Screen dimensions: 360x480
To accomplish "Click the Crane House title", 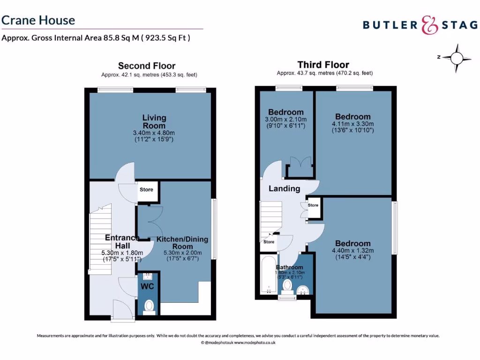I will click(x=38, y=20).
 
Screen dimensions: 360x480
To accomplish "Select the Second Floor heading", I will click(x=147, y=66).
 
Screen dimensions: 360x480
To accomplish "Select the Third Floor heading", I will click(x=323, y=65).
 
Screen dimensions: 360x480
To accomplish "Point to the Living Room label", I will click(x=154, y=122).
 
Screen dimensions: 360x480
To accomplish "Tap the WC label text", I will click(x=148, y=285).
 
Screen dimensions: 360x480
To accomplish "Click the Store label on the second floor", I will click(x=146, y=190).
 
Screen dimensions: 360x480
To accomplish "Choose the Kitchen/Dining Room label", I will click(x=182, y=243).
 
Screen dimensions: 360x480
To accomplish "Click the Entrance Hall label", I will click(x=122, y=241).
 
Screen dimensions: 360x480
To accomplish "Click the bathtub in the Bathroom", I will click(x=269, y=275).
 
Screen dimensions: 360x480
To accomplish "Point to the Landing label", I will click(x=284, y=188).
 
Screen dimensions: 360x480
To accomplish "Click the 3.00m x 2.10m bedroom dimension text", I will click(x=286, y=120).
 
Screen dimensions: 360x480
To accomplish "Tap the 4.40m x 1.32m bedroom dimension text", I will click(x=353, y=251).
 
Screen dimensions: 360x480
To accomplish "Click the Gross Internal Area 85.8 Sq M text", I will click(x=96, y=38).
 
